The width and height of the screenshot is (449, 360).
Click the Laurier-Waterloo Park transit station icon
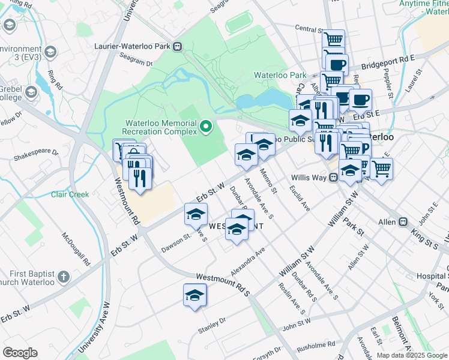click(x=178, y=46)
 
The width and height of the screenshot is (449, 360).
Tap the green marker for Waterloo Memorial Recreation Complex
click(x=206, y=127)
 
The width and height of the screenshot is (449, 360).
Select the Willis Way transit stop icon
click(x=331, y=178)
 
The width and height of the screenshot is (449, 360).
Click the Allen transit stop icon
click(x=401, y=222)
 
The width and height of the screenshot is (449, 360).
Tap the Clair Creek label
click(x=70, y=194)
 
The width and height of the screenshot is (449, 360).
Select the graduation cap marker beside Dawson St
click(x=196, y=215)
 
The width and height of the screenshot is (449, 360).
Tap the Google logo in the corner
click(x=20, y=352)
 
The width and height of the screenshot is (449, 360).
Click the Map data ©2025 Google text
click(x=412, y=355)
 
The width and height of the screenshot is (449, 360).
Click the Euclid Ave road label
click(x=298, y=198)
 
